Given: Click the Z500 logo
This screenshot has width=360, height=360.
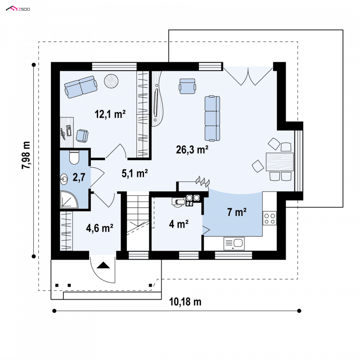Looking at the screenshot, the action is [x=18, y=9].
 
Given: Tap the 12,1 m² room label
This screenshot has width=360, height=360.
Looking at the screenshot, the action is [x=110, y=114].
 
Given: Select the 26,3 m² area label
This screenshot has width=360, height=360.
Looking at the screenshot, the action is [x=192, y=150].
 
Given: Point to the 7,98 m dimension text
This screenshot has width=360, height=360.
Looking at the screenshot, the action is [x=26, y=155].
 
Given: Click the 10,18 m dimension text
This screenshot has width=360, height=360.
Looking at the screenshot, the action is [x=185, y=301].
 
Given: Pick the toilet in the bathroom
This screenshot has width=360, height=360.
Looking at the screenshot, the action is [x=74, y=157].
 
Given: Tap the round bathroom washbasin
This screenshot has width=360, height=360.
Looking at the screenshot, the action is [x=64, y=179].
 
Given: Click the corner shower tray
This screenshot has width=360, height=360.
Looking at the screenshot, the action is [x=69, y=199].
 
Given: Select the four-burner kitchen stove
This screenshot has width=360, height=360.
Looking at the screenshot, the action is [x=270, y=218].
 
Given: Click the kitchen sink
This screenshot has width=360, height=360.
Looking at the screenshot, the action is [x=234, y=243].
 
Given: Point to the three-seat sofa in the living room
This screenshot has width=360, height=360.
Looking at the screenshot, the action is [x=212, y=118].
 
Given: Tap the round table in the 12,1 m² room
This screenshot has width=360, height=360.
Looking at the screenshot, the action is [x=111, y=81].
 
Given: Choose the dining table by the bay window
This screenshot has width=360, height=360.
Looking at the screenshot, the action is [x=279, y=162].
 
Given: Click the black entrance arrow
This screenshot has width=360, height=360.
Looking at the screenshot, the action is [x=103, y=265].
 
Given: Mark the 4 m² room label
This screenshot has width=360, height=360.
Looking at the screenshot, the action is [x=179, y=224].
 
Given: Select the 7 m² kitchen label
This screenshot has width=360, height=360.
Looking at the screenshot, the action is [x=237, y=212].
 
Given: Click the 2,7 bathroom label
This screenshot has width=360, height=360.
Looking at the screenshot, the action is [x=79, y=177].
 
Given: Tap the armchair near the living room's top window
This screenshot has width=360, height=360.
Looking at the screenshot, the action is [x=188, y=86].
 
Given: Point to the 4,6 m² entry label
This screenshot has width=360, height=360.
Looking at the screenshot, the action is [x=99, y=228].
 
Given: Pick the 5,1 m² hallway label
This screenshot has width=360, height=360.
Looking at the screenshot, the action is [x=135, y=173].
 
